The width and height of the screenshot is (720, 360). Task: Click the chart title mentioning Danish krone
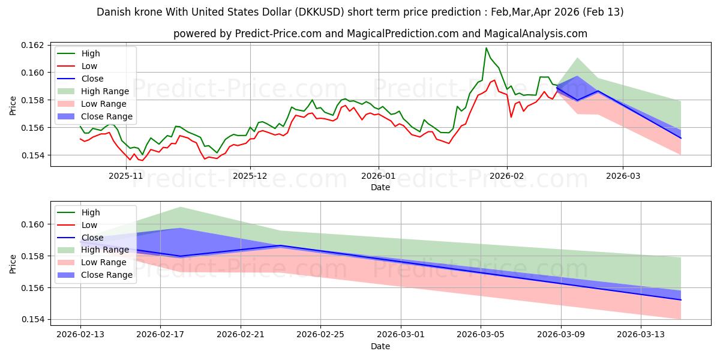point(360,12)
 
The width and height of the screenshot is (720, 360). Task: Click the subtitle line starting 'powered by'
point(380,34)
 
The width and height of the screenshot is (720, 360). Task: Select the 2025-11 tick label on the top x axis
point(126,176)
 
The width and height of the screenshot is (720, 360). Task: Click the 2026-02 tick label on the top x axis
point(507,176)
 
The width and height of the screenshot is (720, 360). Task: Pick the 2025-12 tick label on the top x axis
point(250,176)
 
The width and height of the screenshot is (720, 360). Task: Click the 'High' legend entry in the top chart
point(91,53)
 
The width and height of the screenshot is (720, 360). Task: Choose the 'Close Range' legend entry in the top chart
point(107,116)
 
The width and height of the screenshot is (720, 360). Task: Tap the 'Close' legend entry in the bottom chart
point(92,238)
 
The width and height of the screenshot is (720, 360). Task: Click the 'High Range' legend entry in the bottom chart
point(106,250)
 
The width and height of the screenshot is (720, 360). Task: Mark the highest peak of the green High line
point(486,48)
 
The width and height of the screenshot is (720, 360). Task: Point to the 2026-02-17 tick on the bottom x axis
point(160,335)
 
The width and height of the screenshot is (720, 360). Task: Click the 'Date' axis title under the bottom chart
point(380,346)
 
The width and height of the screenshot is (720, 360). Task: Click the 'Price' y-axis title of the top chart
point(13,104)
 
